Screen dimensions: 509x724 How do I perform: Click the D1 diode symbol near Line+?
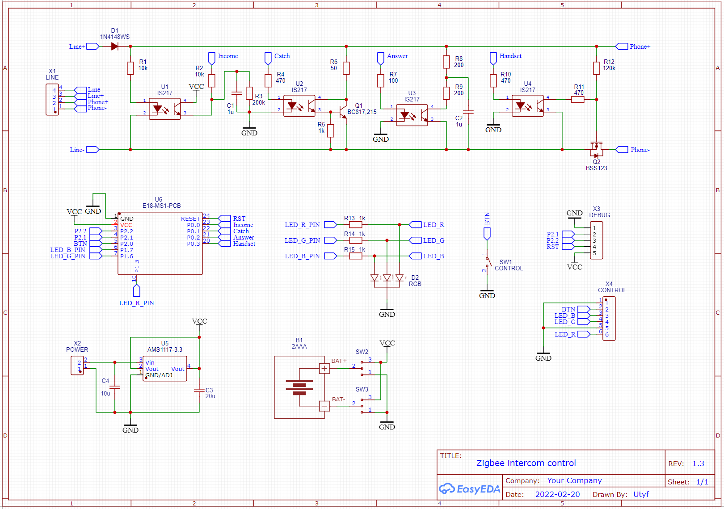click(114, 46)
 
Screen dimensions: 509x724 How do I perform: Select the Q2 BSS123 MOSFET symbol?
click(596, 148)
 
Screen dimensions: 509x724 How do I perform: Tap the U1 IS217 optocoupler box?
click(164, 109)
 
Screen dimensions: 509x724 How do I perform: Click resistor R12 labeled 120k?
click(596, 68)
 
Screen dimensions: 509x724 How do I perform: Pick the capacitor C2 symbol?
click(468, 112)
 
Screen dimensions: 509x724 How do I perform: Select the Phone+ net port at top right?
click(622, 46)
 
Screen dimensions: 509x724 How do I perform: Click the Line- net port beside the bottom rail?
click(93, 150)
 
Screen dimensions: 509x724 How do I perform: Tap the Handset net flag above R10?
click(493, 58)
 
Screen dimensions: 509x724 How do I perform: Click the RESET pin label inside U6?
click(190, 219)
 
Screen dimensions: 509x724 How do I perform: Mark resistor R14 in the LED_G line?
click(355, 240)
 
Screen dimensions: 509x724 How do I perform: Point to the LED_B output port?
click(416, 256)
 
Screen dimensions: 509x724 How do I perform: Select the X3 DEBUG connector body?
click(596, 240)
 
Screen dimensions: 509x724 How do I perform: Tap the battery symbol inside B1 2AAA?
click(299, 387)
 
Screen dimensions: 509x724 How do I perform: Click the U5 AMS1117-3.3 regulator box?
click(164, 369)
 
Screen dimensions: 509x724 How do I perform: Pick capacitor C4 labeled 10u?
click(115, 387)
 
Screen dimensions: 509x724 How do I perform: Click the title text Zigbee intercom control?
click(526, 463)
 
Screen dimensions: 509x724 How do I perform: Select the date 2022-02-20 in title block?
click(557, 494)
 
